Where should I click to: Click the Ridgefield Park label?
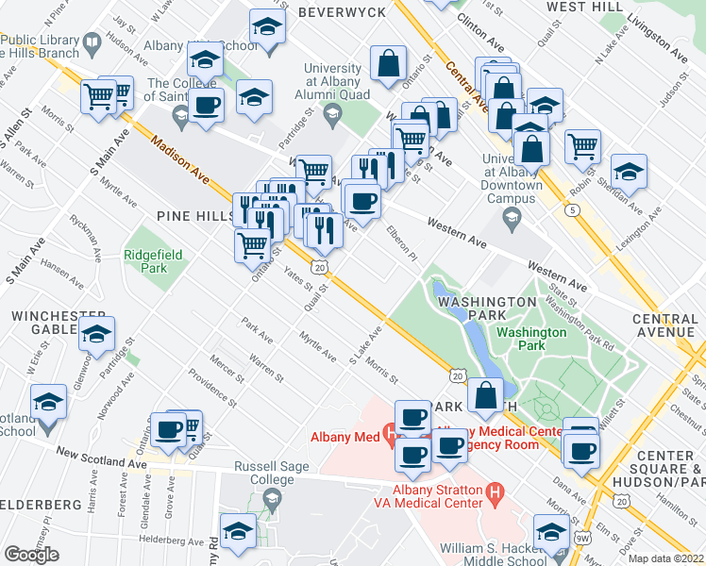click(x=145, y=261)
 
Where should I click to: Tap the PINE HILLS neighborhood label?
click(x=199, y=217)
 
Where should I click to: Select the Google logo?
click(x=31, y=555)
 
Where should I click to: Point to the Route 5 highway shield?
click(x=574, y=209)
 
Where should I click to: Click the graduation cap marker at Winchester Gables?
click(x=96, y=333)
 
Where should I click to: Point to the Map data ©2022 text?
click(x=665, y=558)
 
